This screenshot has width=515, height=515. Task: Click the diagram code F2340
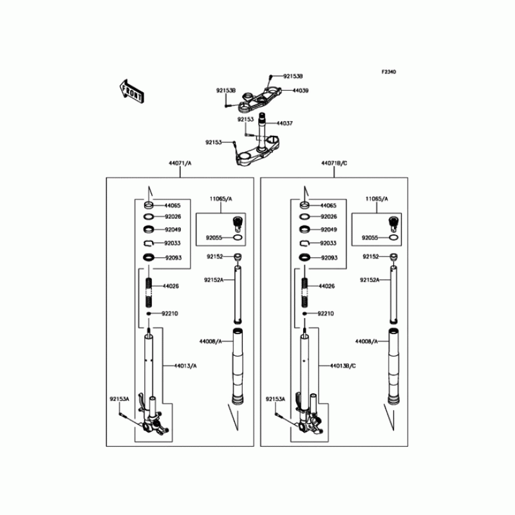[388, 72]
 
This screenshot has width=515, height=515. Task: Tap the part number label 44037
[285, 122]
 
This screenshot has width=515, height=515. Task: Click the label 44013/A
[185, 366]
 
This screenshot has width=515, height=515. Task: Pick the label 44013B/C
[343, 366]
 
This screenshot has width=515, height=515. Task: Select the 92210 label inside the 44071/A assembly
[169, 314]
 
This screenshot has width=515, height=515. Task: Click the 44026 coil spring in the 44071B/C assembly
[304, 286]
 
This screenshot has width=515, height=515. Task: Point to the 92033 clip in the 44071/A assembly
[148, 243]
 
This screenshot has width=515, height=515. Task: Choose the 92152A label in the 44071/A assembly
[214, 280]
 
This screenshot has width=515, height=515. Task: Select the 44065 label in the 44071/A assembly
[171, 205]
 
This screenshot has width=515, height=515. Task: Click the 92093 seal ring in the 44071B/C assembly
[304, 258]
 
